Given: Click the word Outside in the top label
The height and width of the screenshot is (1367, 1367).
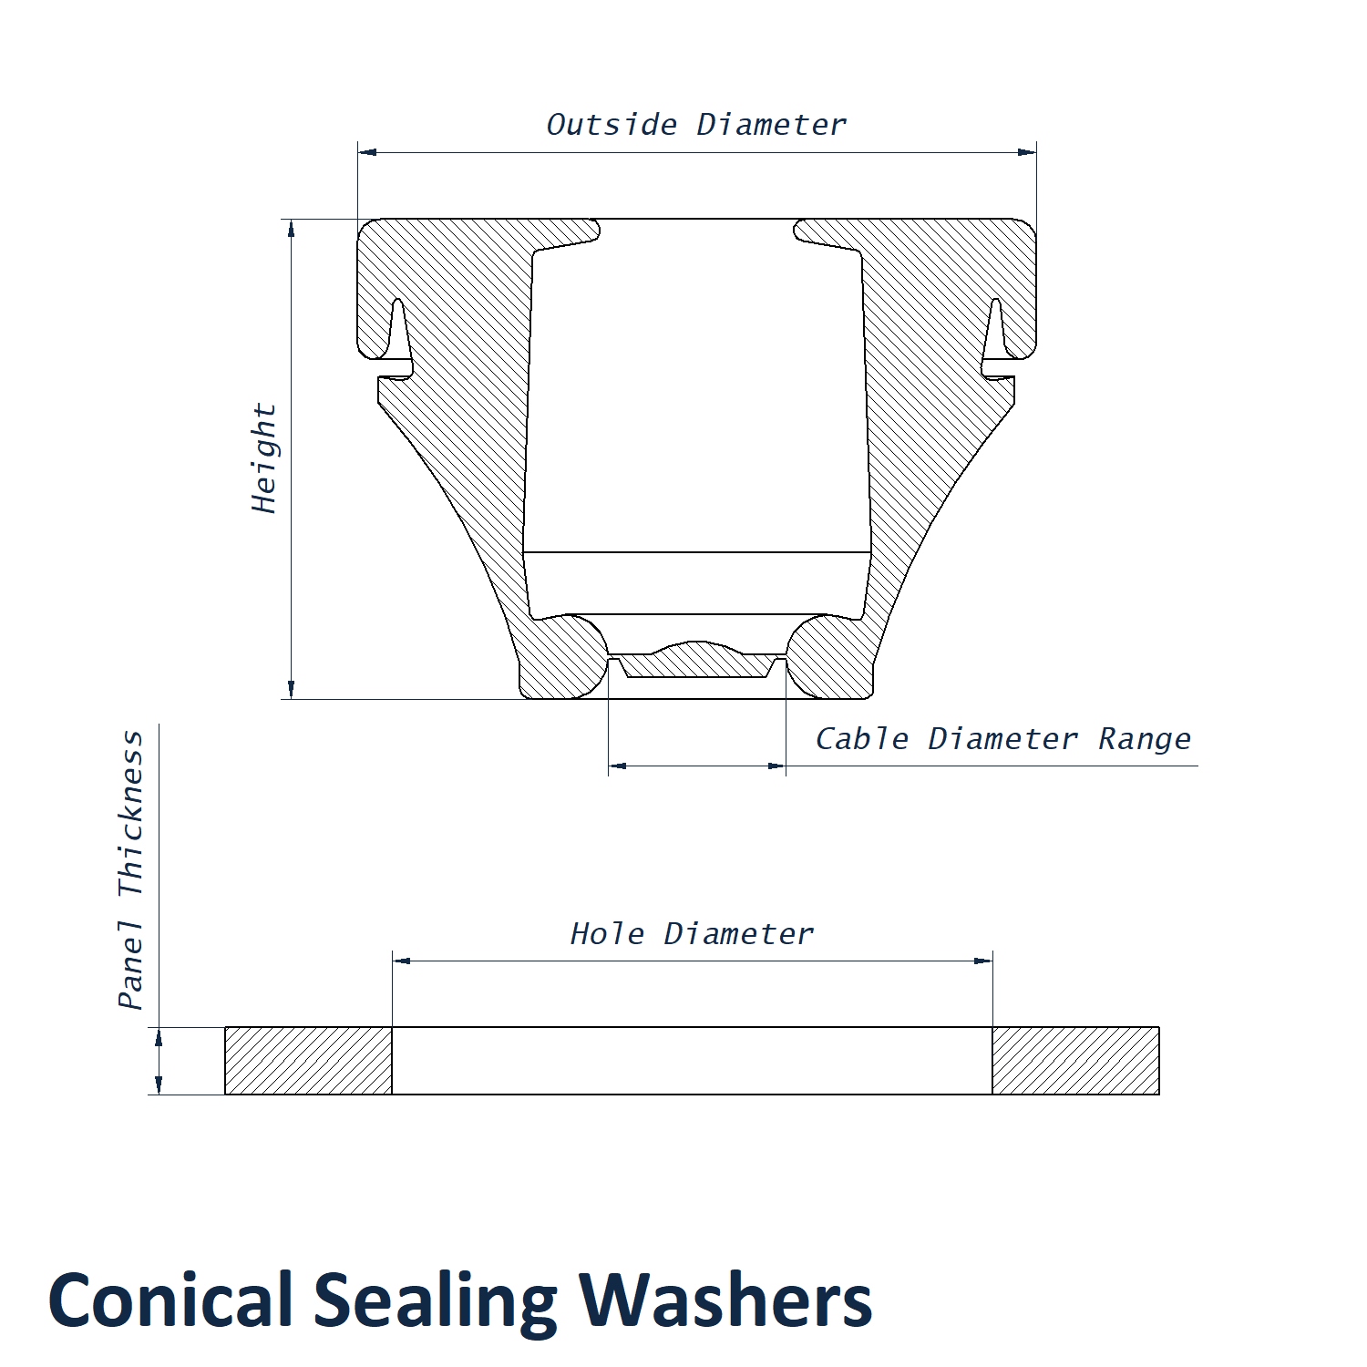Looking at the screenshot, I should [612, 124].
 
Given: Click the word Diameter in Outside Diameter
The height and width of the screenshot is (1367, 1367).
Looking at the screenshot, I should [771, 124].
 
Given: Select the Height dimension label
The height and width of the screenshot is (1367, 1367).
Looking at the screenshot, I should [264, 458].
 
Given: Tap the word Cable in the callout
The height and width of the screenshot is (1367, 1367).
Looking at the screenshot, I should [861, 738].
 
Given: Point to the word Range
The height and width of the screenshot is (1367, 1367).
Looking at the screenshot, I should [1144, 739].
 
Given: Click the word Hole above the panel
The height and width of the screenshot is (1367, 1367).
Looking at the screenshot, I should [607, 933].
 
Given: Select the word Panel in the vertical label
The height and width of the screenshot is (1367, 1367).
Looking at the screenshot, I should [131, 965].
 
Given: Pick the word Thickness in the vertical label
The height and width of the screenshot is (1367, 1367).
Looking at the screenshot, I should [131, 814].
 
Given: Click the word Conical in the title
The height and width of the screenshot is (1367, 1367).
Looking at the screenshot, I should [170, 1300].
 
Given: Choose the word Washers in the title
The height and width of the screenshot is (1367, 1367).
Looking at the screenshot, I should [725, 1300].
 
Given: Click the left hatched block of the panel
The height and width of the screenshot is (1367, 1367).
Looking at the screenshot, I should [308, 1061].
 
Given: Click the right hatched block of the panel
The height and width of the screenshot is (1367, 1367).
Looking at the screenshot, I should [1075, 1061].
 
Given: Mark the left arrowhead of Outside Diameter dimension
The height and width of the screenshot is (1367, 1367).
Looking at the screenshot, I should [367, 152].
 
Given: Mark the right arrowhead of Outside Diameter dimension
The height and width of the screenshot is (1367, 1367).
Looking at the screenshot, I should [1027, 152].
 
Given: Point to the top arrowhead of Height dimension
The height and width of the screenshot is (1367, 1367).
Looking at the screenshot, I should [292, 229].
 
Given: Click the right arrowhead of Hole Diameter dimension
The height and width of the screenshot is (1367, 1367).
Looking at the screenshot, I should [983, 961].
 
